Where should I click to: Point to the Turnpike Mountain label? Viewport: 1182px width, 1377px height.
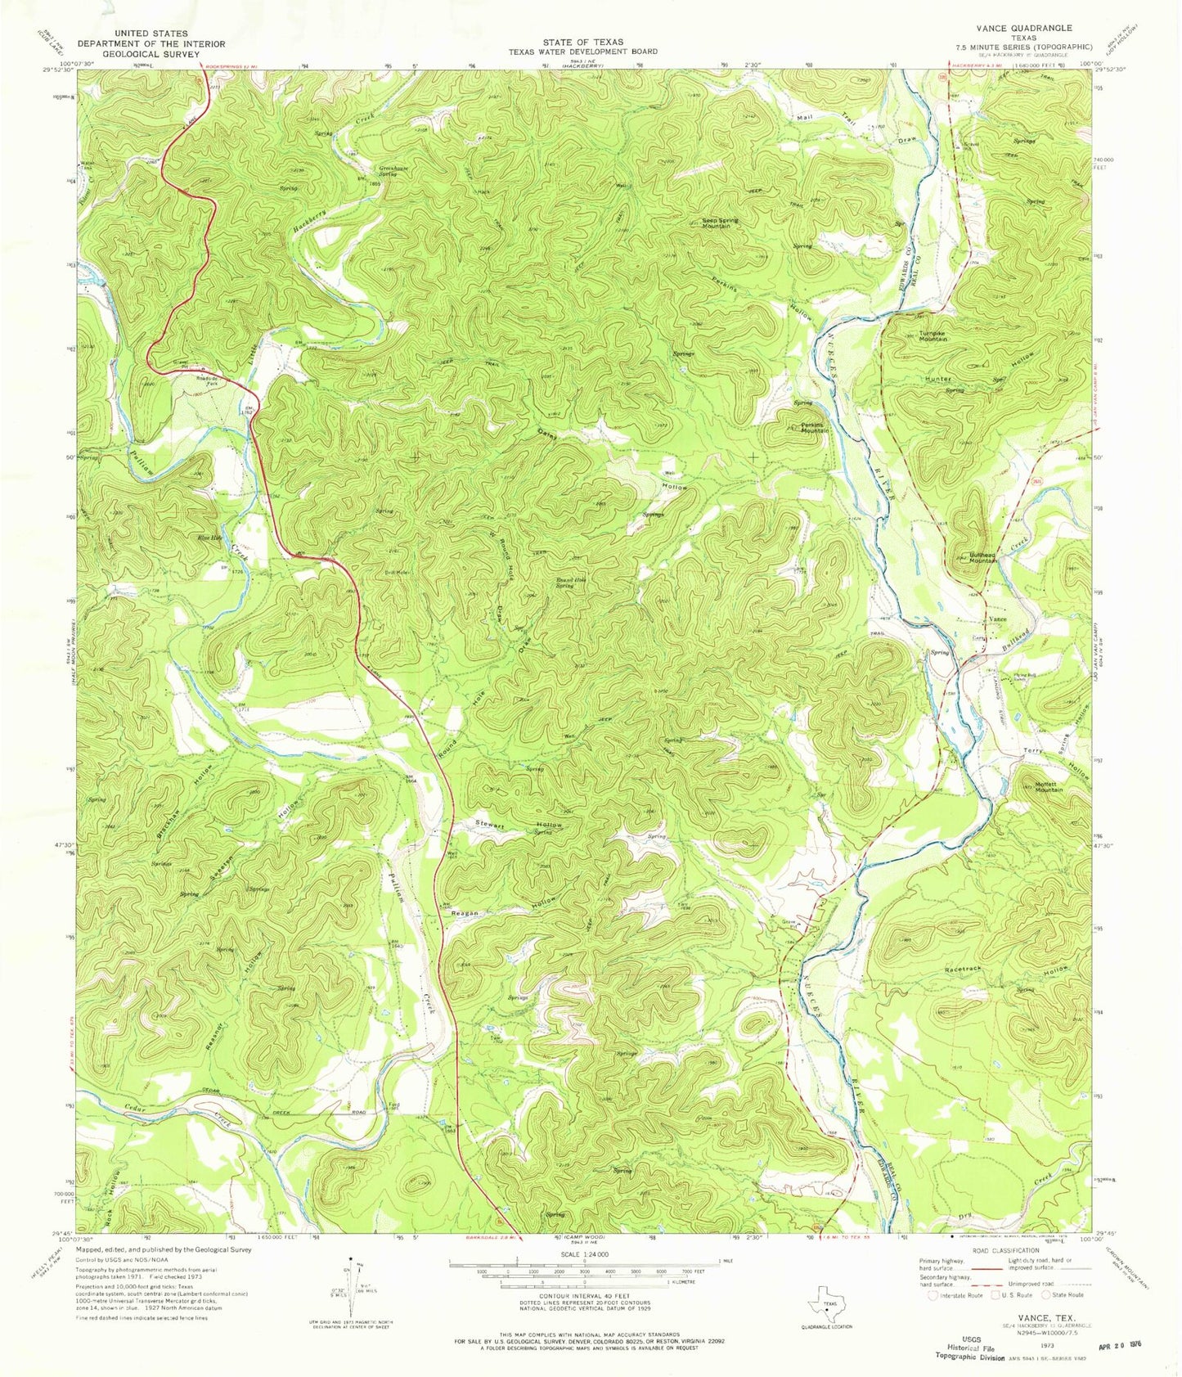pos(925,335)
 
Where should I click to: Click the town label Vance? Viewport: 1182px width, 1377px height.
pos(997,619)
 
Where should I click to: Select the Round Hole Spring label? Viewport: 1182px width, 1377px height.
pos(572,582)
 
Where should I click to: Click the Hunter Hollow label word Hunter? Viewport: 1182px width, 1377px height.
pos(937,380)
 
